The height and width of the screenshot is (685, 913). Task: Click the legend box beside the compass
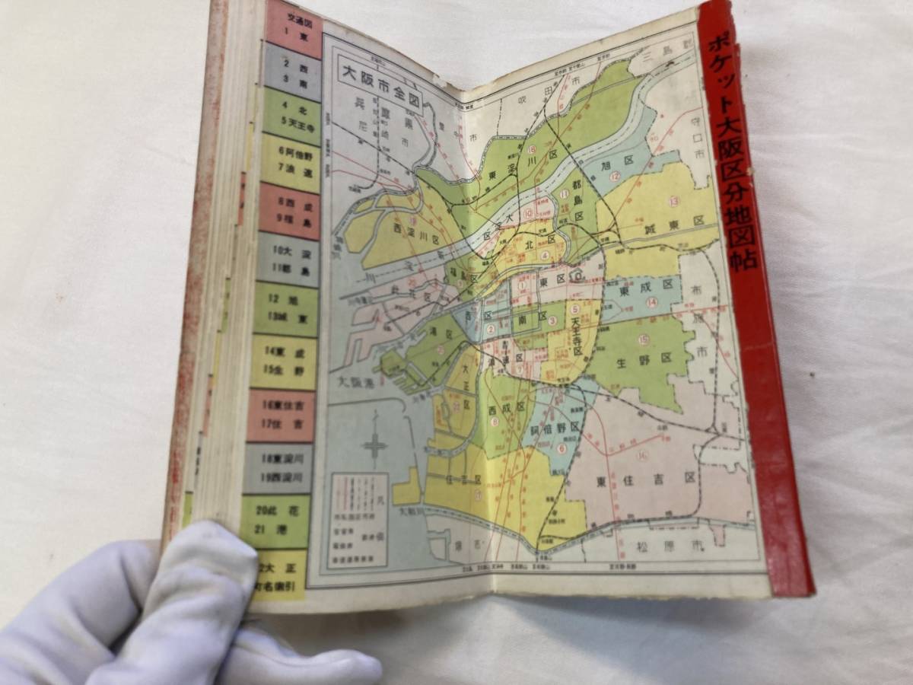pyautogui.click(x=358, y=519)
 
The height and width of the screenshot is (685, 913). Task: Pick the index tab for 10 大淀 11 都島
pyautogui.click(x=287, y=259)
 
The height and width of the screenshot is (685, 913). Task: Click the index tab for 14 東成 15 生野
pyautogui.click(x=284, y=361)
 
